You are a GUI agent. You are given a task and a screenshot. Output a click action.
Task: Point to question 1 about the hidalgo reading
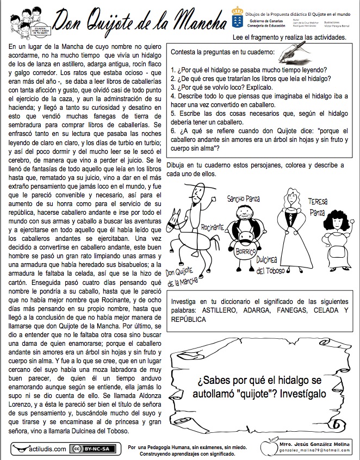248,70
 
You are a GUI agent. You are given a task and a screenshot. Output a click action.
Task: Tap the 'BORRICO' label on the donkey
246,252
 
